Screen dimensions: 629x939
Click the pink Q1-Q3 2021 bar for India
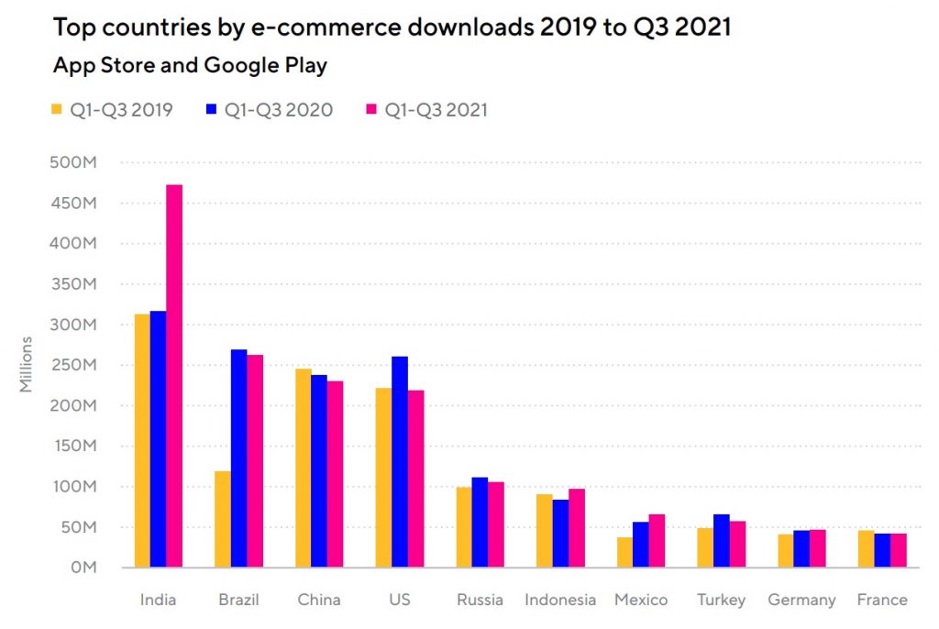[x=174, y=376]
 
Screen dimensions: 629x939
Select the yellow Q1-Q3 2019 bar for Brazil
[x=222, y=519]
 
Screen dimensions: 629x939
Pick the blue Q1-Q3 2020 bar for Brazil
[x=238, y=458]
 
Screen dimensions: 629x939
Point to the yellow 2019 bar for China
[x=303, y=468]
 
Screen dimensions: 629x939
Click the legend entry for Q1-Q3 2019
[x=112, y=110]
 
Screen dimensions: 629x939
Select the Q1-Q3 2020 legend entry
[x=270, y=110]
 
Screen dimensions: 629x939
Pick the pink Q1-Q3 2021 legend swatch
[x=371, y=110]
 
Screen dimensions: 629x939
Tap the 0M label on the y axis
[x=83, y=568]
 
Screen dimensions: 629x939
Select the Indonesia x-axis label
[x=560, y=601]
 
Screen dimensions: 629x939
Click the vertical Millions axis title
[x=27, y=365]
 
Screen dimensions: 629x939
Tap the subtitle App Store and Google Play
[x=190, y=66]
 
